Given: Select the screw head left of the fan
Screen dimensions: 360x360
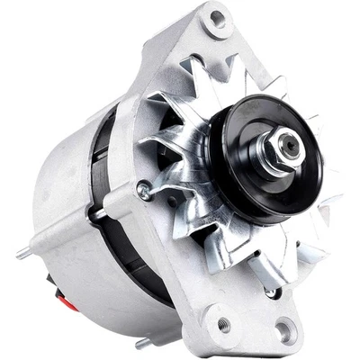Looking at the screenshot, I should [143, 189].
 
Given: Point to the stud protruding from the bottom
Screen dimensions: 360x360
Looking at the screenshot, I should [142, 342].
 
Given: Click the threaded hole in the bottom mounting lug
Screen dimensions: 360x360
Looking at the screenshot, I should [222, 323].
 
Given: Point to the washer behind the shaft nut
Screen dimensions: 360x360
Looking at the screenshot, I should [270, 155].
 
